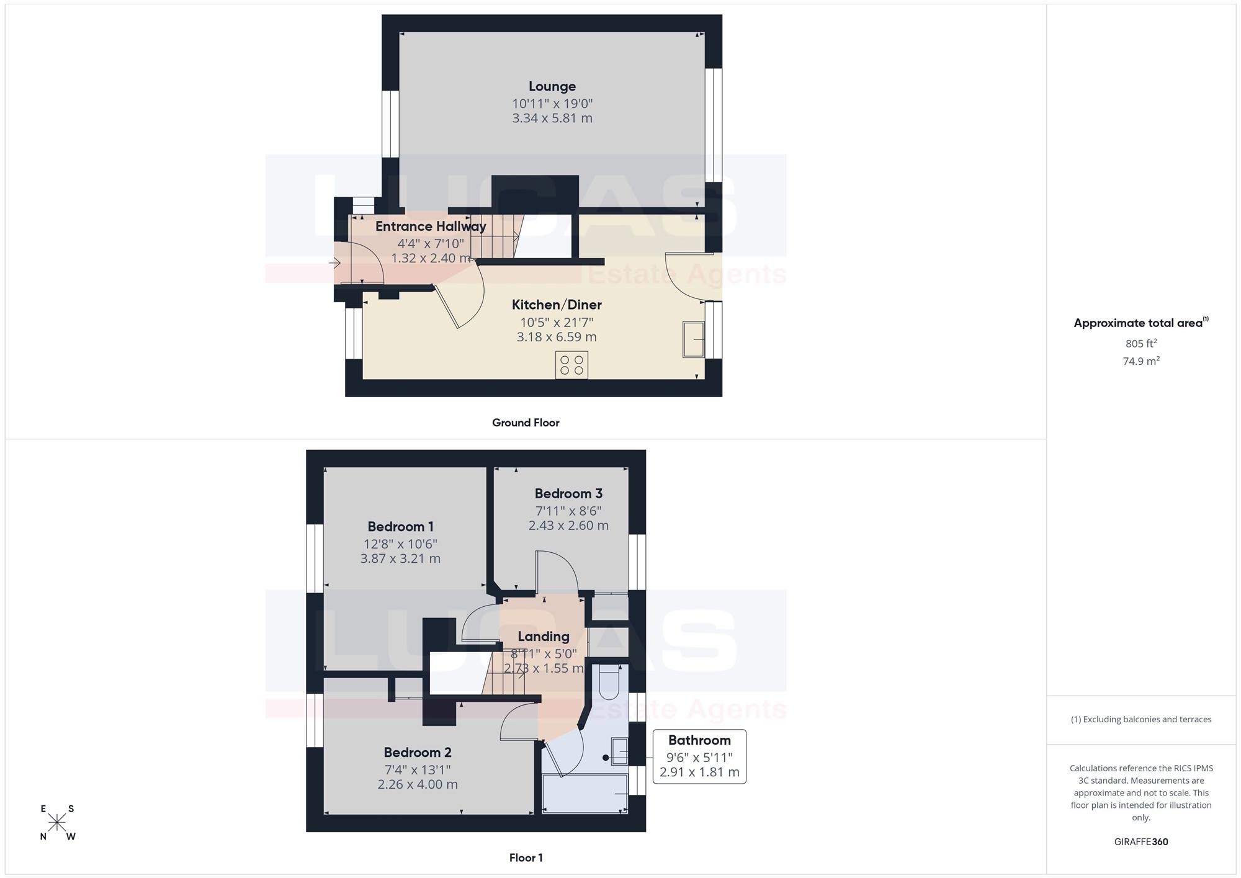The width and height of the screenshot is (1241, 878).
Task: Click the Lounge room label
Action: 552,86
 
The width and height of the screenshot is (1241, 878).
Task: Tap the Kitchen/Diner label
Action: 557,305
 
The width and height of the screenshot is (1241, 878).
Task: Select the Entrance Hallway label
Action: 431,226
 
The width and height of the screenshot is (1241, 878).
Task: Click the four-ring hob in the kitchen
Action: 571,365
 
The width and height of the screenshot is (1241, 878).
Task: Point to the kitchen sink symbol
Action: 694,339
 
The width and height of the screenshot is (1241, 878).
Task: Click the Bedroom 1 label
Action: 400,527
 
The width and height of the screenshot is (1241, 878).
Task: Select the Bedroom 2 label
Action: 418,753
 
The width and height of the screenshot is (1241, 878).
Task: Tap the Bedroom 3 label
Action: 568,494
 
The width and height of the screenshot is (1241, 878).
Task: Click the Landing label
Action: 544,637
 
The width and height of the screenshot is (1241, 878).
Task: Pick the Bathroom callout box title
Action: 699,740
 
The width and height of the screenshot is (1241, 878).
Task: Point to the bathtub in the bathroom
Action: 585,793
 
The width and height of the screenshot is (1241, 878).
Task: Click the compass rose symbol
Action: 57,823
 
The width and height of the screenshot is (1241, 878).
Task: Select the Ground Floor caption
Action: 526,423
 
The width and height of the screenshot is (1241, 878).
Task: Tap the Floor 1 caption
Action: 526,858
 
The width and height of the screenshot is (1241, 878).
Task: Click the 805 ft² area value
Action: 1141,343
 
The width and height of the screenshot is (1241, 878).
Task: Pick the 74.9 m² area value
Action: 1141,361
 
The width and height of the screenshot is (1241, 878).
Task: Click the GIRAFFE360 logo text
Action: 1141,842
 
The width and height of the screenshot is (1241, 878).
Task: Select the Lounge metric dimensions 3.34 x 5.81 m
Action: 552,118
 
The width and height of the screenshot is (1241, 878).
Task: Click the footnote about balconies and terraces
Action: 1141,720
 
